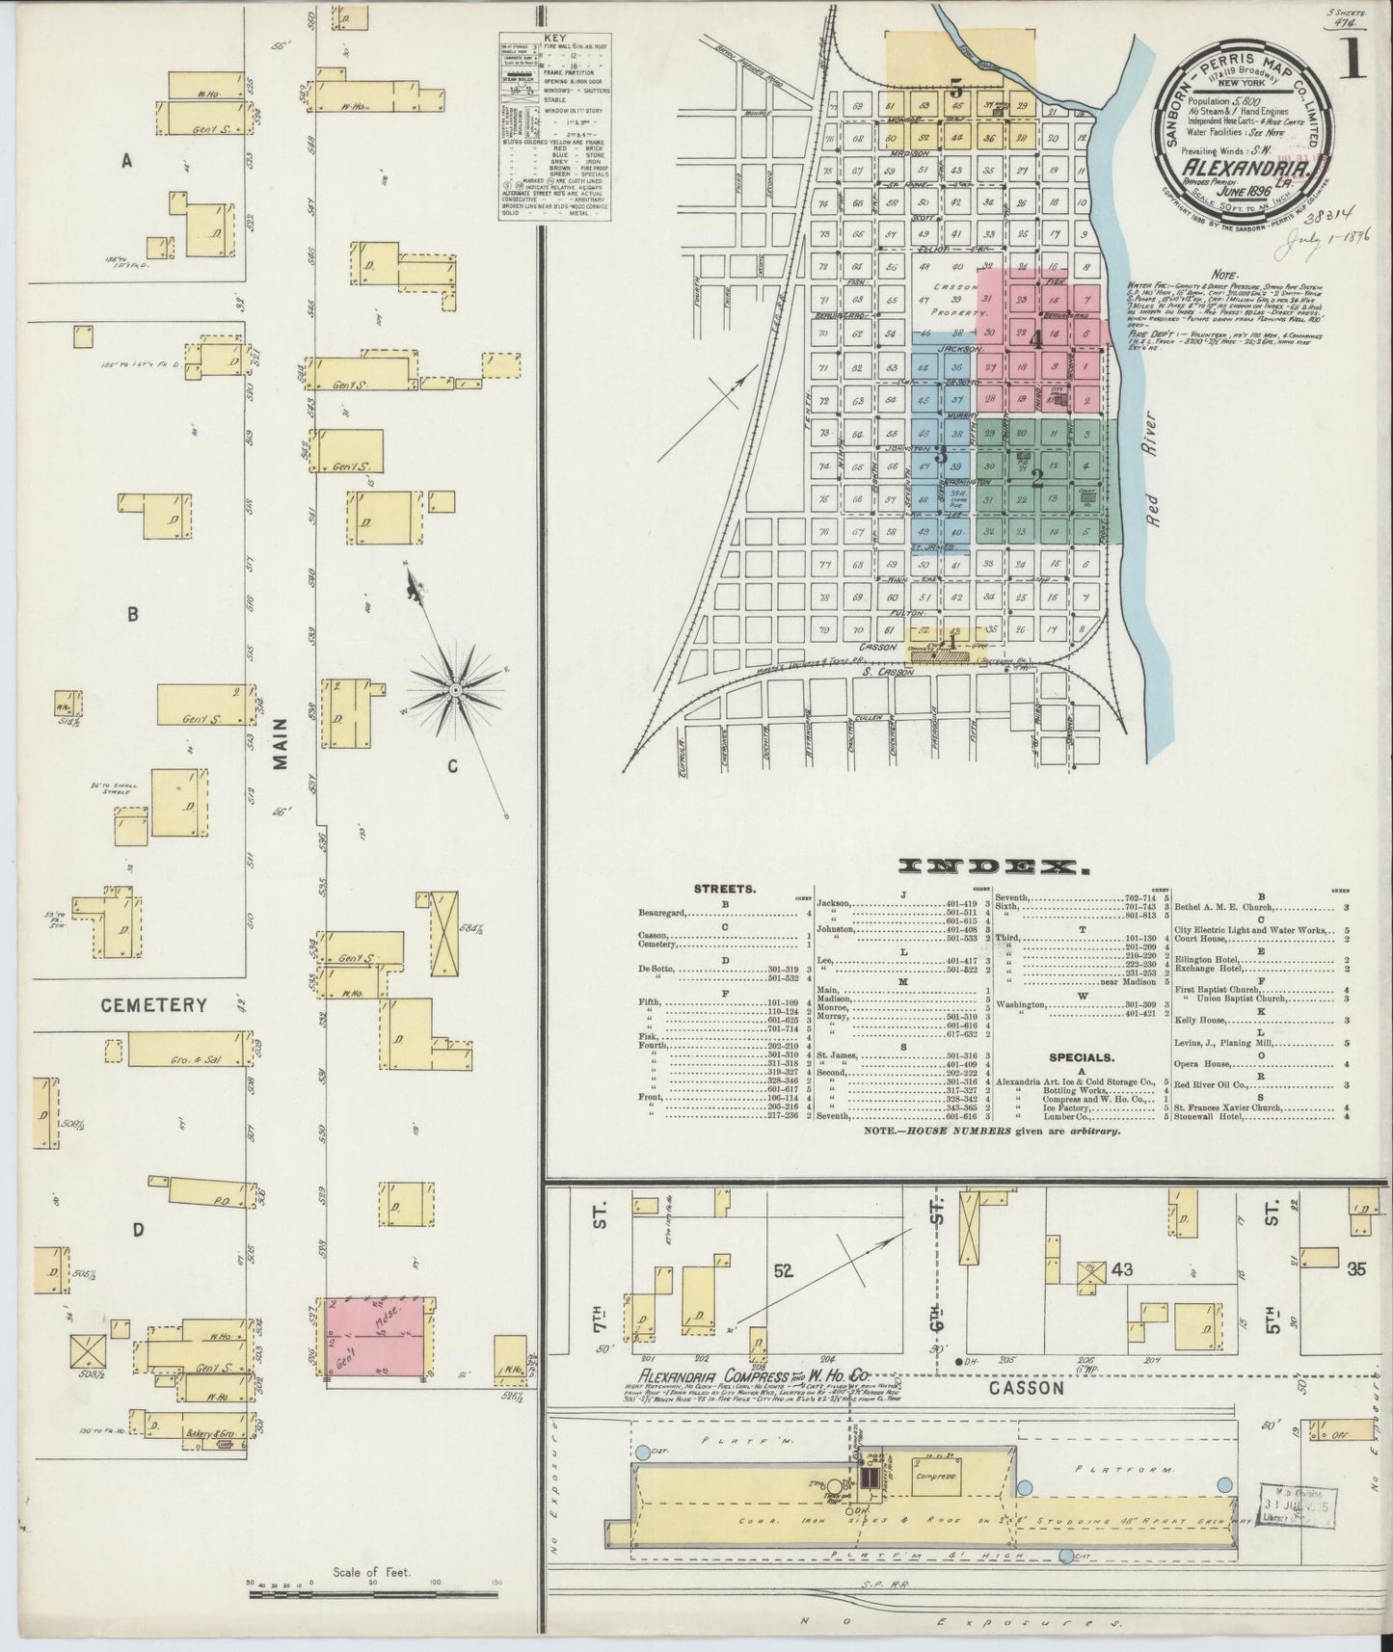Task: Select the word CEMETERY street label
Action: pos(155,1005)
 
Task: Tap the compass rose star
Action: pos(455,690)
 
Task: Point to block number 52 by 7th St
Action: pos(782,1270)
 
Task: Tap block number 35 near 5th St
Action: pos(1356,1269)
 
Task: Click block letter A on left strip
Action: pos(126,163)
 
